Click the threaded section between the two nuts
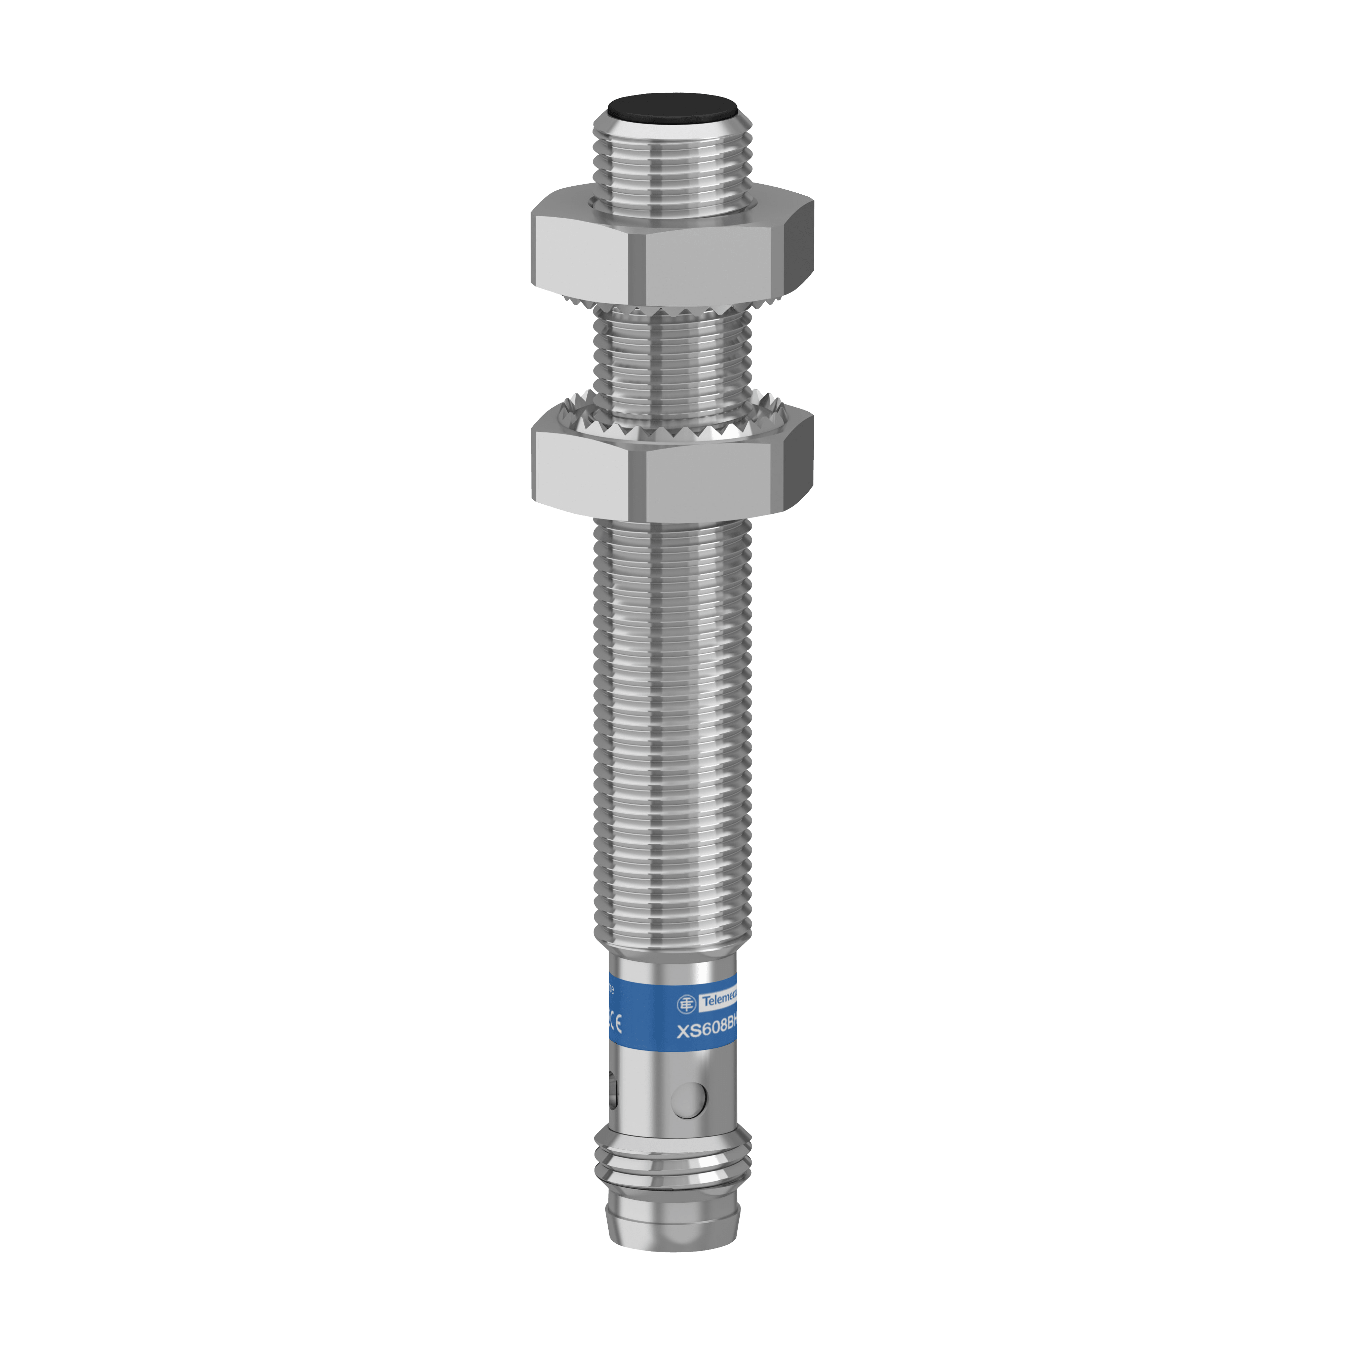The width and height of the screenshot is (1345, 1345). (672, 362)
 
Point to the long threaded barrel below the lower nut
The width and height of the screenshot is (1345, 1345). (672, 731)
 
